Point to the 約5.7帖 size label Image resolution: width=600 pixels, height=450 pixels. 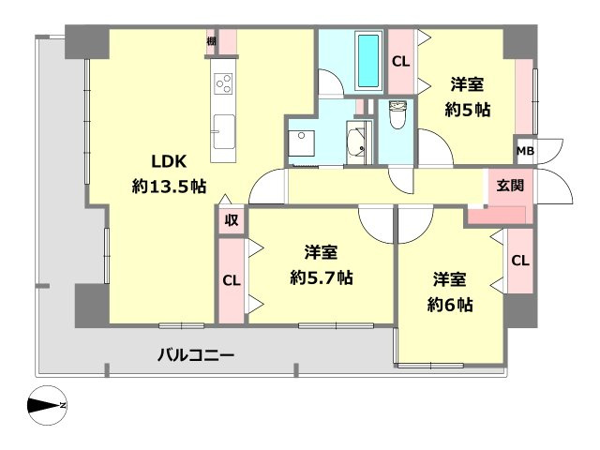[x=322, y=277]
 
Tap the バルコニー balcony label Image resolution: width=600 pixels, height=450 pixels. [x=195, y=355]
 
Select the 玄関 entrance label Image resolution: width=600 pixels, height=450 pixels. [x=511, y=185]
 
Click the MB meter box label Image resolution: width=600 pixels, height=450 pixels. [x=524, y=150]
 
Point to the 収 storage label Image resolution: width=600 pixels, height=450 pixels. [x=231, y=221]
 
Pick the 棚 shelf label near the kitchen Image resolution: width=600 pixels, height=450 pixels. [x=213, y=40]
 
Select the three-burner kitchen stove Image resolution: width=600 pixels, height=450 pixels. [x=223, y=83]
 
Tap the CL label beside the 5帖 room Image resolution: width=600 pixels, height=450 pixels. [x=400, y=63]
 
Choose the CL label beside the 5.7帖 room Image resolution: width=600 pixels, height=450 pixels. [x=231, y=280]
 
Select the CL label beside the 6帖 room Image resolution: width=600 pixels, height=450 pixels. [x=519, y=261]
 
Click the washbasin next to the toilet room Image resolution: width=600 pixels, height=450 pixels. [x=356, y=143]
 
